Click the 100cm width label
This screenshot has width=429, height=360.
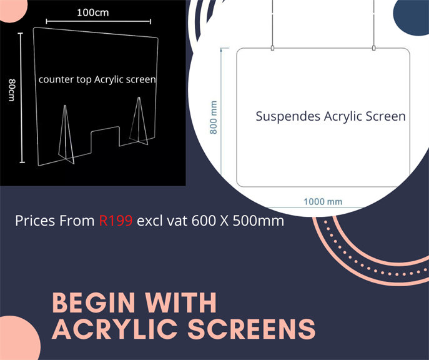click(x=93, y=12)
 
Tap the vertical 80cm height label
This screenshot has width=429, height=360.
click(x=12, y=90)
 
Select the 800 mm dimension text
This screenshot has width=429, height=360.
click(x=214, y=117)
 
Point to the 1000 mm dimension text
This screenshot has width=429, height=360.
click(x=323, y=202)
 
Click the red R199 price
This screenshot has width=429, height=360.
click(x=116, y=221)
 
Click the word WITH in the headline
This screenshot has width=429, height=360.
click(x=181, y=302)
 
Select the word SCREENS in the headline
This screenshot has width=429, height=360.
click(x=252, y=329)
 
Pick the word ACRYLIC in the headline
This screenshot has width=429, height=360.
click(x=115, y=329)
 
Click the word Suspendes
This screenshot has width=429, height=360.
click(x=288, y=116)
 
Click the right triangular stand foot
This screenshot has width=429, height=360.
click(x=139, y=122)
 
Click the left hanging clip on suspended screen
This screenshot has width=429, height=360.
click(x=272, y=48)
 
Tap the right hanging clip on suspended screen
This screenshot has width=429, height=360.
click(x=373, y=48)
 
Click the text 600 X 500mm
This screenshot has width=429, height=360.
click(x=238, y=221)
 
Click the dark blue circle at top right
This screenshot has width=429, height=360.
click(x=412, y=16)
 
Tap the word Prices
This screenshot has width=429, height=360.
click(x=36, y=221)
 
